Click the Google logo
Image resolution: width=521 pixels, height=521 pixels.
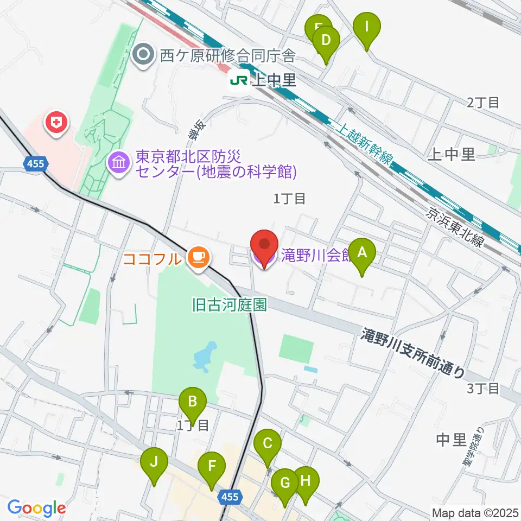pos(36,509)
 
